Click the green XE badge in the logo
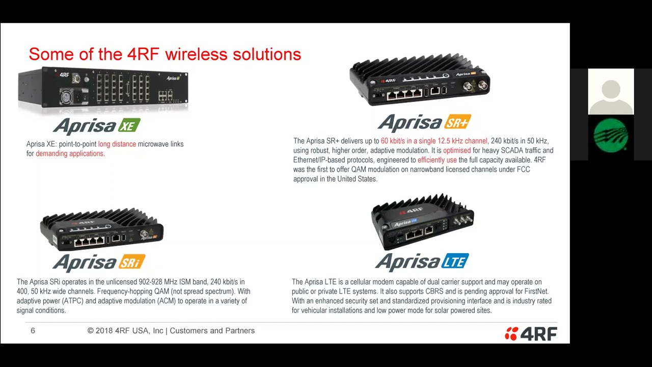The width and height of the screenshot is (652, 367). [128, 126]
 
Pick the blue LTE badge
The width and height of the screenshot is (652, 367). [455, 262]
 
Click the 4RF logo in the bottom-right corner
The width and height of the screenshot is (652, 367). [531, 334]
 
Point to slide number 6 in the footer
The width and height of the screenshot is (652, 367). [33, 331]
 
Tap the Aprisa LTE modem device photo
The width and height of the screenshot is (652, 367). [422, 222]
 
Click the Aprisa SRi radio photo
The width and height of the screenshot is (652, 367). [102, 229]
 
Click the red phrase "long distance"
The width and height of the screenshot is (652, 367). [117, 144]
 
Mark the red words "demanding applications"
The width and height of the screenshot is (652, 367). [69, 153]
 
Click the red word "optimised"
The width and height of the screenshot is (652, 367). [457, 150]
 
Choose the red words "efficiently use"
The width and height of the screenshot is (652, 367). [437, 160]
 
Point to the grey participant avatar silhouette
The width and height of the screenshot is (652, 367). [611, 92]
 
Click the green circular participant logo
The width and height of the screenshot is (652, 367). [611, 136]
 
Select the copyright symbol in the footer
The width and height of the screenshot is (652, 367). [91, 331]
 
